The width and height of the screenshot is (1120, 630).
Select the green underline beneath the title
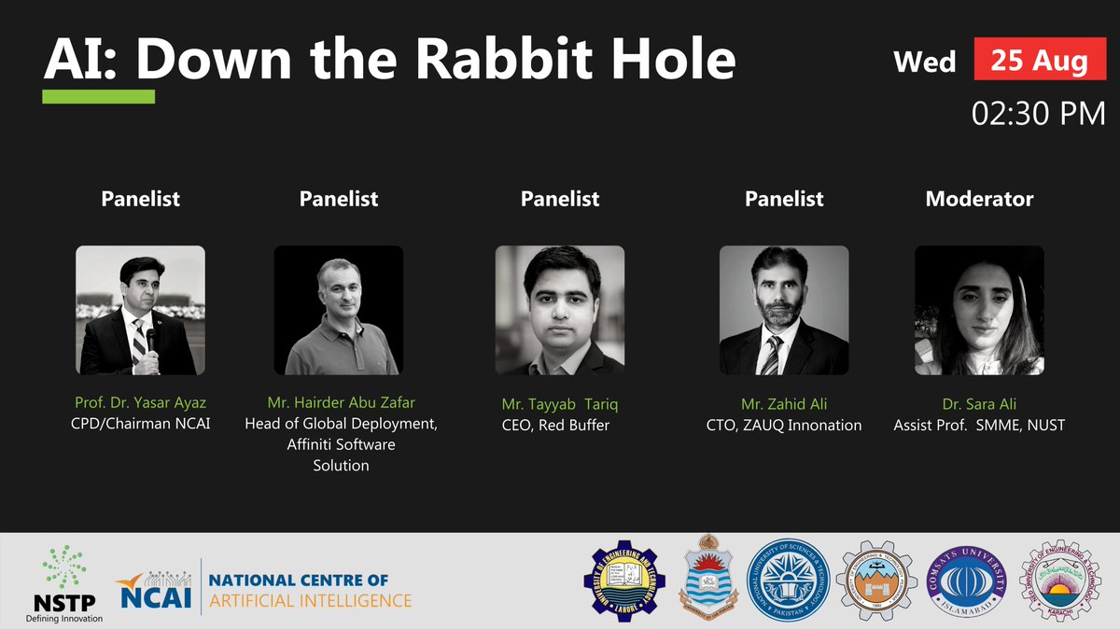[x=99, y=96]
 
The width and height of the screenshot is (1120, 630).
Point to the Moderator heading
[x=979, y=199]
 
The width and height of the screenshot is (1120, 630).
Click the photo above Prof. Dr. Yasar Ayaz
[x=140, y=310]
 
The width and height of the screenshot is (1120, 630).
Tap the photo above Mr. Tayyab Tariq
[x=559, y=310]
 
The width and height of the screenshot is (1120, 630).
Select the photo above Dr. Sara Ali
[x=979, y=310]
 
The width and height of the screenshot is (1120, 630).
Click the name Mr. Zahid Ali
[x=784, y=403]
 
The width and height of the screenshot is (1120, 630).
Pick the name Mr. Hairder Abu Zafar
[x=341, y=403]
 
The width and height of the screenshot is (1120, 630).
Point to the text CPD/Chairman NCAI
[x=140, y=425]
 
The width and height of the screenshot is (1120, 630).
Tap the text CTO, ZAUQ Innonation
[x=784, y=426]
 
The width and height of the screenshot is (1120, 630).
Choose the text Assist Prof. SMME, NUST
[x=979, y=426]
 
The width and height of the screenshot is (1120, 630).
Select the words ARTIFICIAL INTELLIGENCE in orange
[x=311, y=600]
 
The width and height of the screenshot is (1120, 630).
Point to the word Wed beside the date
[x=925, y=62]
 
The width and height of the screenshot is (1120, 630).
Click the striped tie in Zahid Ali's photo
[x=773, y=356]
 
